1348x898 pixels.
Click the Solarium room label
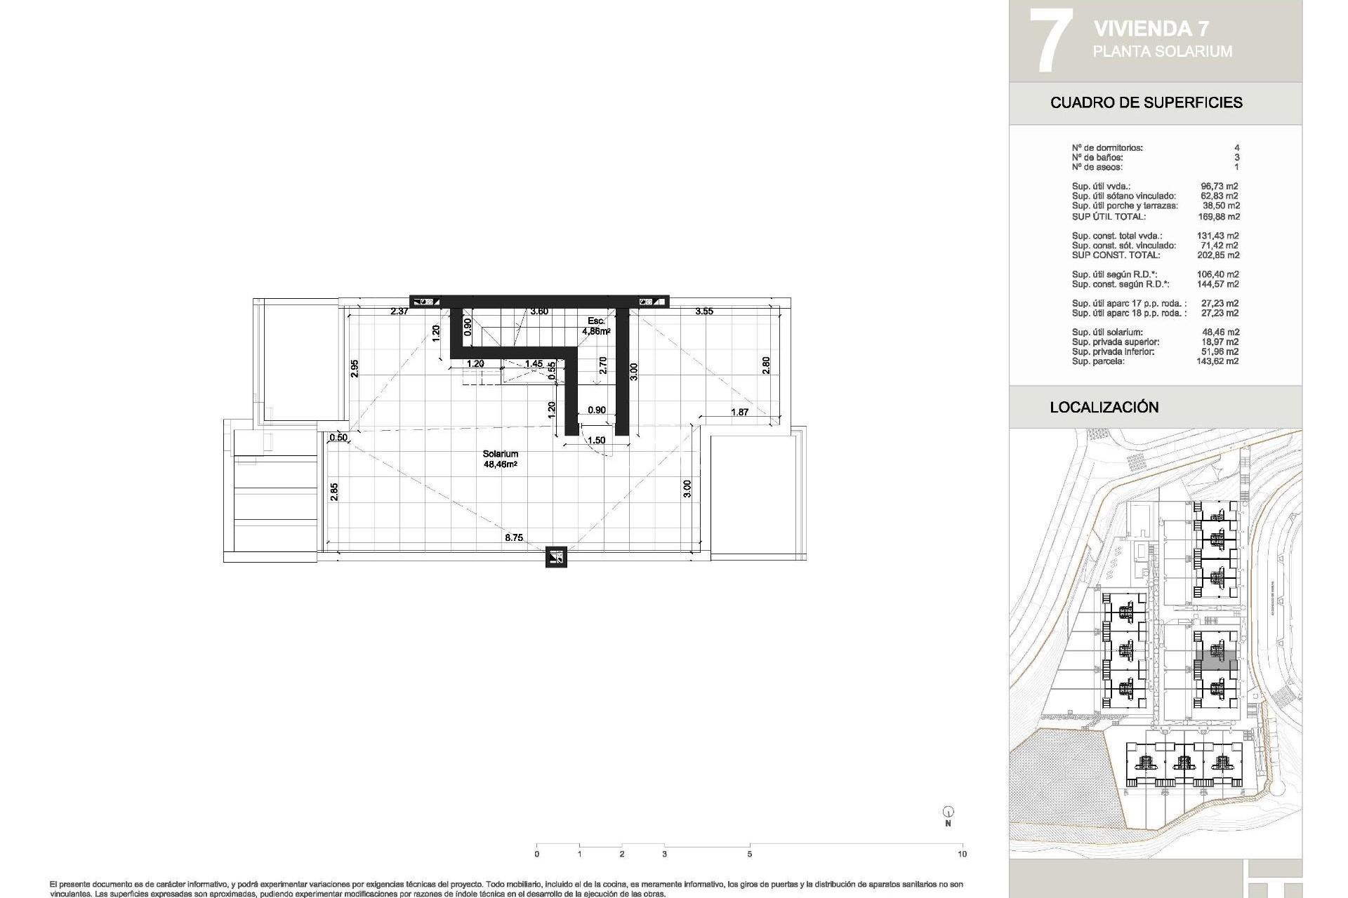500,454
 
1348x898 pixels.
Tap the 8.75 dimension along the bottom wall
513,538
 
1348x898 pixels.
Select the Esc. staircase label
595,321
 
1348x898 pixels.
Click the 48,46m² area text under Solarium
500,464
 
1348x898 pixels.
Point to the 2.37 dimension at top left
399,311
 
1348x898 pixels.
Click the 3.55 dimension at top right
703,311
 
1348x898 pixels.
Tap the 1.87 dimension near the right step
739,413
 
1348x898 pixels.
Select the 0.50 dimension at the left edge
338,438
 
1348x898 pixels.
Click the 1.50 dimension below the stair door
596,441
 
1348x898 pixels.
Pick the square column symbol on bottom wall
556,558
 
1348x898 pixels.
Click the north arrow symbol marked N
948,813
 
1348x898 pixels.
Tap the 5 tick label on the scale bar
750,855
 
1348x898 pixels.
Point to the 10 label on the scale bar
962,855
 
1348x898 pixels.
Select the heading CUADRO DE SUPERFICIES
1146,102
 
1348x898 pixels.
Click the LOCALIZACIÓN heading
1104,407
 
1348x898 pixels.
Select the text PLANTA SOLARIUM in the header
1162,51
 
